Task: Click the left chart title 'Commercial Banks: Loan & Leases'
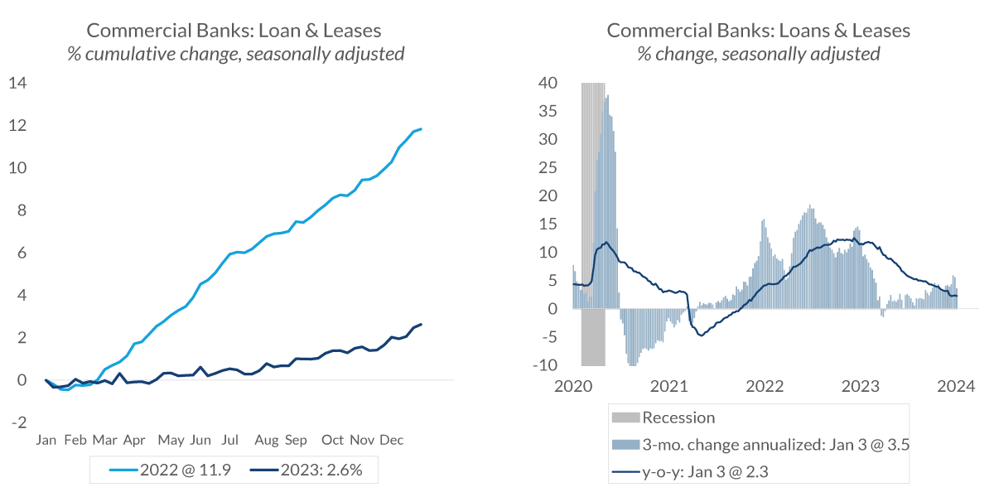(234, 31)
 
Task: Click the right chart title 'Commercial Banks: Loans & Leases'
(758, 31)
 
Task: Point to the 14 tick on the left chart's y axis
(18, 83)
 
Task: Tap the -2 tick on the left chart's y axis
(18, 422)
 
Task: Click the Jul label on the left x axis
(231, 440)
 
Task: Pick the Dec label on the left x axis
(391, 440)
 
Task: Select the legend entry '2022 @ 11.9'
(171, 470)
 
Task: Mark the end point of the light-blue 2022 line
(421, 129)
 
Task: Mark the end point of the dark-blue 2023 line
(421, 324)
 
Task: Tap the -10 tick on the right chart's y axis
(548, 365)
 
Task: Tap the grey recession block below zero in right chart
(593, 337)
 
